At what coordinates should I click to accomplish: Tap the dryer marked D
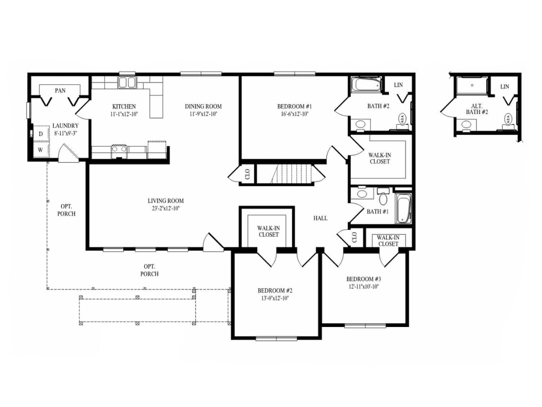[41, 134]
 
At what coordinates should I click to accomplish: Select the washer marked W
[41, 150]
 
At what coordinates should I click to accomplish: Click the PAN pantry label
[60, 91]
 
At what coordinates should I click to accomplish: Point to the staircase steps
[292, 174]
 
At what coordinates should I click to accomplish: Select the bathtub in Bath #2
[366, 85]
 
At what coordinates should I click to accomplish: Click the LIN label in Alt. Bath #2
[505, 87]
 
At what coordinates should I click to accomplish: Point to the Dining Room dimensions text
[203, 114]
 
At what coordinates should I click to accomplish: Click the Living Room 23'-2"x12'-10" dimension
[166, 208]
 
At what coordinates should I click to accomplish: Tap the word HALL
[320, 218]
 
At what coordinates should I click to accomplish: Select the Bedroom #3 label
[364, 279]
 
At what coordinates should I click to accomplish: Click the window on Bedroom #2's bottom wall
[276, 338]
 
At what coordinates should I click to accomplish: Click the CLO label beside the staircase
[248, 174]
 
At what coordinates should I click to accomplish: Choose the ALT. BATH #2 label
[477, 109]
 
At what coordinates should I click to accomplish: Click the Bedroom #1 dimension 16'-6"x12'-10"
[294, 114]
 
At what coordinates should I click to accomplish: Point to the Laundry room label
[65, 126]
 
